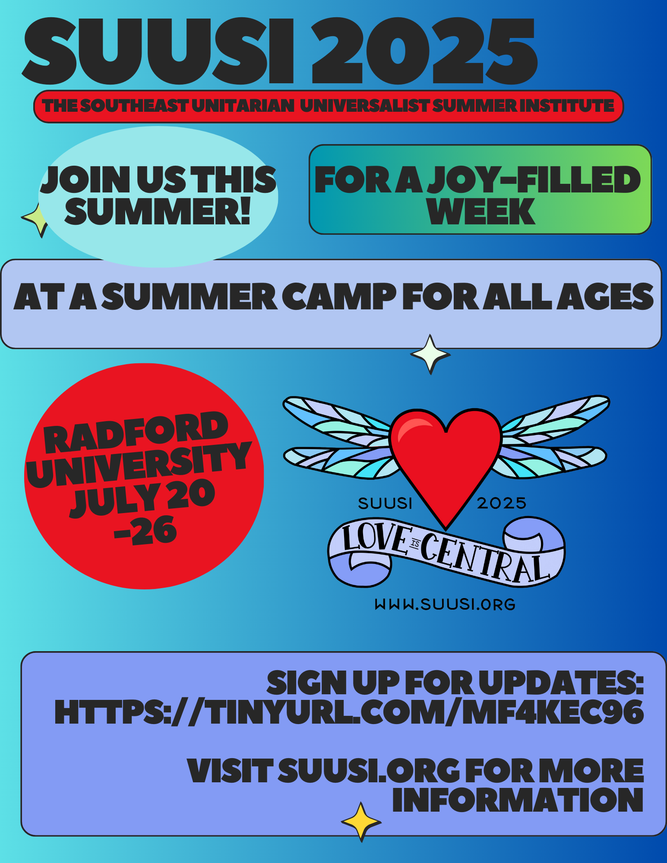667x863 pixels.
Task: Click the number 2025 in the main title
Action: pos(424,51)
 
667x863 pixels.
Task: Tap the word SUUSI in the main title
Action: pos(158,51)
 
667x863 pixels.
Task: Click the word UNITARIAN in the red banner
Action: pos(243,106)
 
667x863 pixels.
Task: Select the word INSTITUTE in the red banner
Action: pos(566,106)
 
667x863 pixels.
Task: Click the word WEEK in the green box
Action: pos(481,211)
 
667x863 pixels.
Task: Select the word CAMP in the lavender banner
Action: pos(339,297)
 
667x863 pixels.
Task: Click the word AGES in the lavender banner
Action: pos(605,297)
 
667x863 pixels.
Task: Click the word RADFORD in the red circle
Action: pos(136,431)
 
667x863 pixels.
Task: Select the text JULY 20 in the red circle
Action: pos(142,498)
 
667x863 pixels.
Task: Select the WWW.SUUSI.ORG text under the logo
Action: pos(445,604)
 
